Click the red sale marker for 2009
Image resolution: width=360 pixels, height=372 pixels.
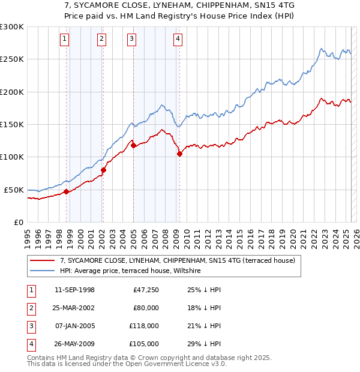click(x=179, y=154)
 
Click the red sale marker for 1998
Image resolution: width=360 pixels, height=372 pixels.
click(x=66, y=191)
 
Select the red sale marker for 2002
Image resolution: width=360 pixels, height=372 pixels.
click(x=103, y=170)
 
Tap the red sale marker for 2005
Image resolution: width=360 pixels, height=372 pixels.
click(x=133, y=145)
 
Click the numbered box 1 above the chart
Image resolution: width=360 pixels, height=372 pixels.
click(x=64, y=40)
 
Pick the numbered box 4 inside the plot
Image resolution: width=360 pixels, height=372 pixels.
click(x=178, y=40)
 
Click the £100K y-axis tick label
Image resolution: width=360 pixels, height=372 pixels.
click(x=12, y=157)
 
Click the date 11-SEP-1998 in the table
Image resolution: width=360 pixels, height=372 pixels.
click(x=74, y=290)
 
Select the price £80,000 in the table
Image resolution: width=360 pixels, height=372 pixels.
click(x=145, y=308)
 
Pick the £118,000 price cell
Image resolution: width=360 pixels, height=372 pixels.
click(x=144, y=326)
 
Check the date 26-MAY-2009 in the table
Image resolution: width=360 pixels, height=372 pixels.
click(x=74, y=344)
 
